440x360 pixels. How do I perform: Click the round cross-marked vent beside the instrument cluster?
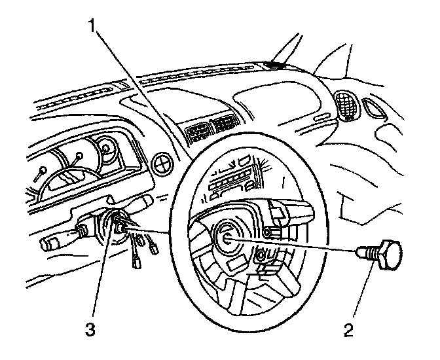point(160,163)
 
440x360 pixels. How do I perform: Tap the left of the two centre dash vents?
point(199,135)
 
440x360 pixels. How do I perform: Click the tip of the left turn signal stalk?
point(52,244)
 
